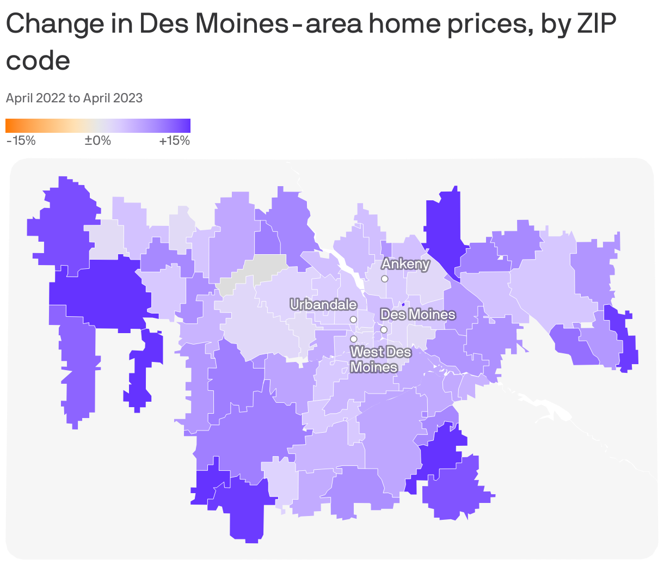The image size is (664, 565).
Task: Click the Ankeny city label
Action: (405, 264)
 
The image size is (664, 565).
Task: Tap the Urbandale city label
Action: (323, 304)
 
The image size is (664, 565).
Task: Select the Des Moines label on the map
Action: (417, 314)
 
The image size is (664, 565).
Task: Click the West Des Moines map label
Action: (380, 359)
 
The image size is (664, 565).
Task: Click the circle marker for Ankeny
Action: (384, 279)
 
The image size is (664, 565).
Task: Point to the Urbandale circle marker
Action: (353, 319)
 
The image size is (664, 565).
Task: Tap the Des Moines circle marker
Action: (384, 329)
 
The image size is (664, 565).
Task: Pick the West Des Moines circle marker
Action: (353, 339)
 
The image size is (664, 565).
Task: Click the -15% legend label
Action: (21, 140)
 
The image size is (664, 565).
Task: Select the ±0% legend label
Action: (98, 140)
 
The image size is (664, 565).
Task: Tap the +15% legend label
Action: (174, 140)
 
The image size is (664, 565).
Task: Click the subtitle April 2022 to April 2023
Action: (74, 98)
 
